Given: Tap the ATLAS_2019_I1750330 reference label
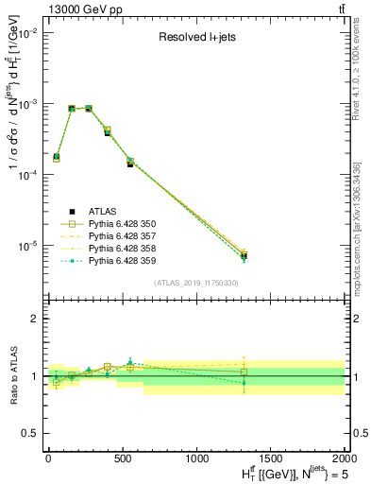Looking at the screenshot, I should click(x=195, y=283).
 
